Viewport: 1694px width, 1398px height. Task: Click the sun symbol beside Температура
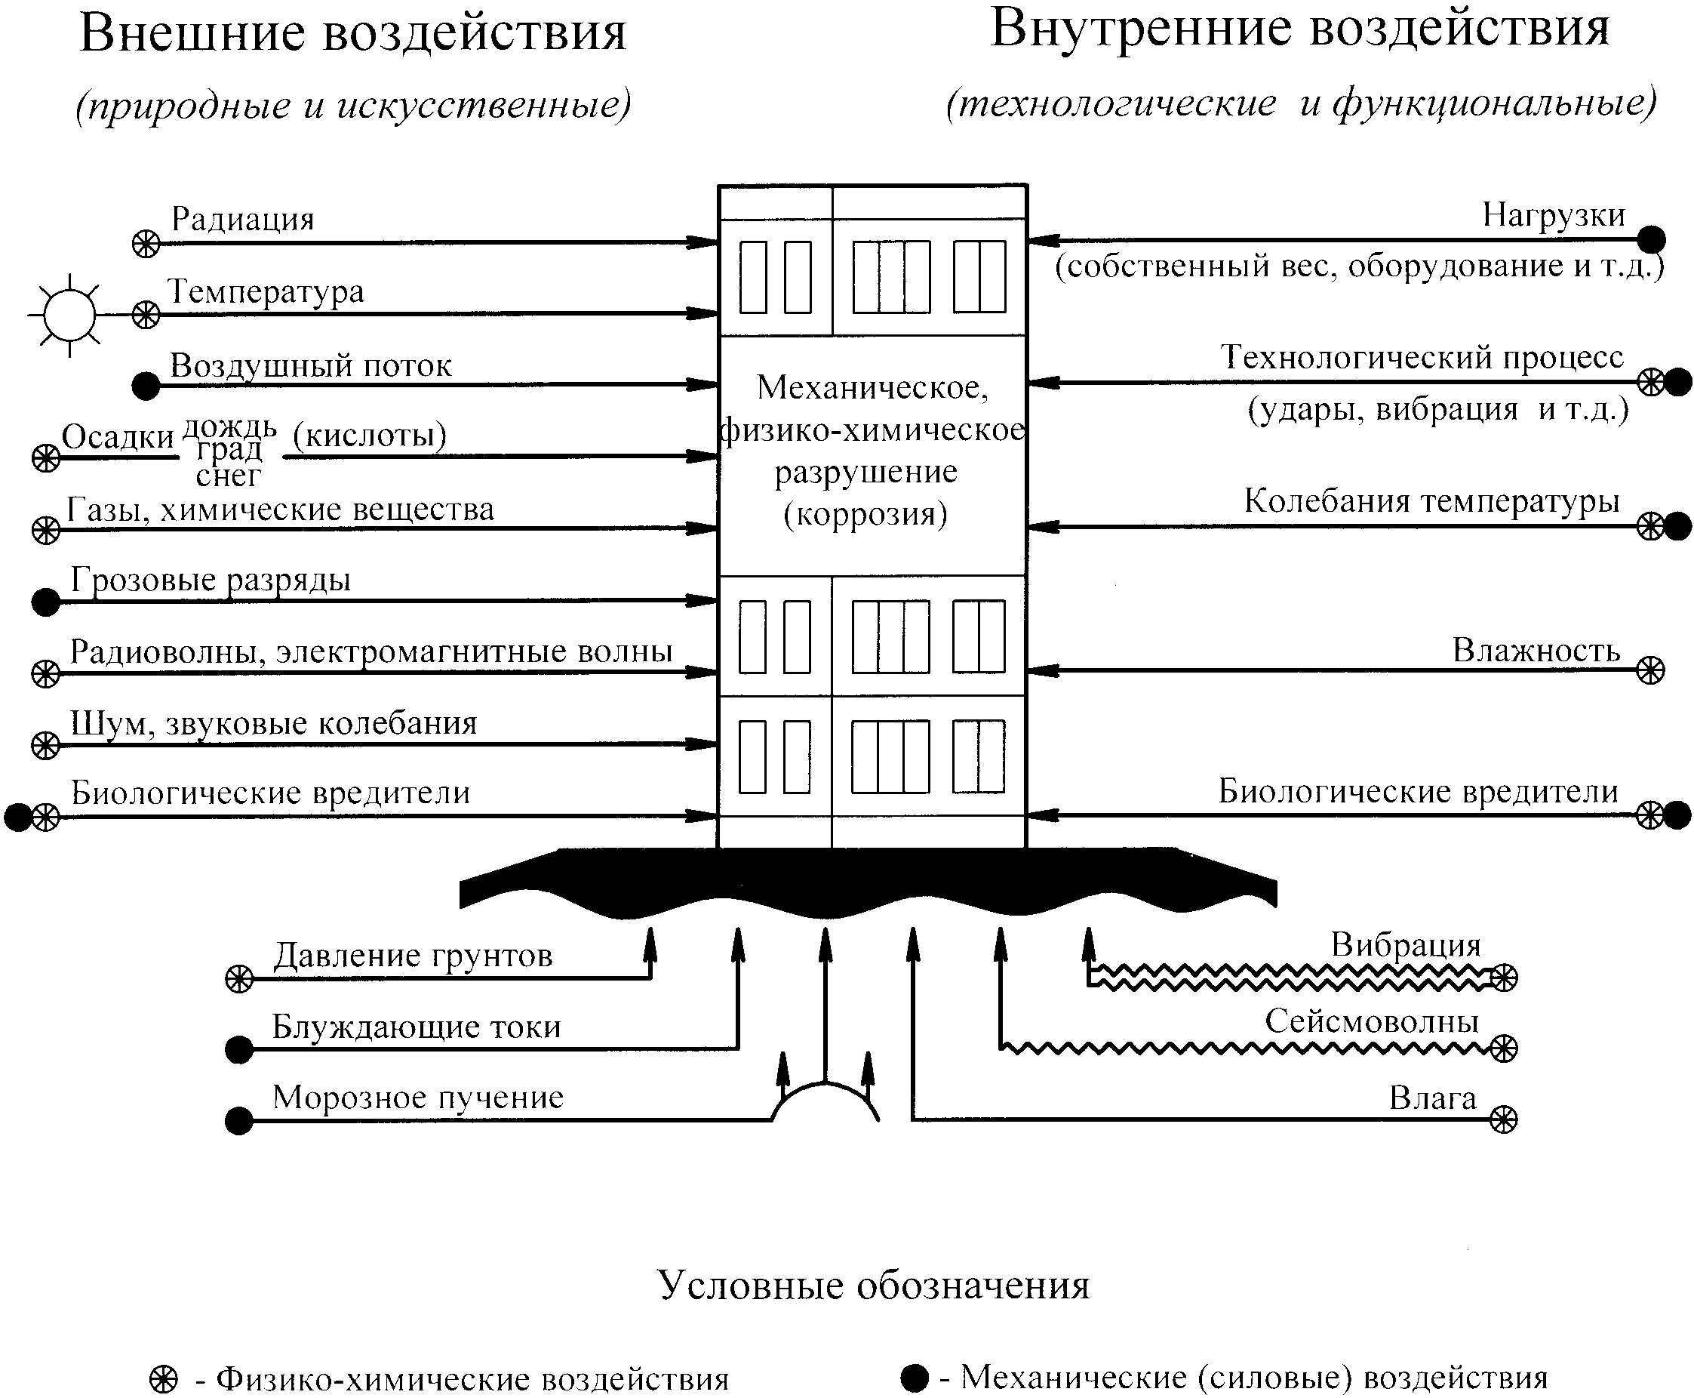click(x=70, y=315)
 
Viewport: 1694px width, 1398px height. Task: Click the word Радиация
click(x=242, y=219)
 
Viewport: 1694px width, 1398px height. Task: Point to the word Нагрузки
click(x=1554, y=215)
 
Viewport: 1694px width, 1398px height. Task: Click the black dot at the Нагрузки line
click(x=1652, y=239)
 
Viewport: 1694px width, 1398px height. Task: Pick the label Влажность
click(x=1536, y=650)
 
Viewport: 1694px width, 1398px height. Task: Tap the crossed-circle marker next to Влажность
click(x=1650, y=670)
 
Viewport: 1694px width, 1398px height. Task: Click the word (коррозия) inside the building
click(x=865, y=514)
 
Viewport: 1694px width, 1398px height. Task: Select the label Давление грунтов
click(x=413, y=956)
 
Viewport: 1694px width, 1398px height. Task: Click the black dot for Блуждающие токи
click(x=239, y=1050)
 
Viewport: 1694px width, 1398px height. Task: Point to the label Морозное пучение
click(x=418, y=1098)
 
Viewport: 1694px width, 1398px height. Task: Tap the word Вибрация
click(x=1406, y=944)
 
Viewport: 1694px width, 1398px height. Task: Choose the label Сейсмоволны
click(x=1372, y=1021)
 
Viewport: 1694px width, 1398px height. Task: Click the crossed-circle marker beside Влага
click(x=1503, y=1119)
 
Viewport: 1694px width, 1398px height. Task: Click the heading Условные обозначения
click(x=874, y=1286)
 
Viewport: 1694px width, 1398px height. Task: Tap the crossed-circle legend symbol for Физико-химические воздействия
click(x=164, y=1378)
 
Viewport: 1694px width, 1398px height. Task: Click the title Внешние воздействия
click(x=352, y=34)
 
